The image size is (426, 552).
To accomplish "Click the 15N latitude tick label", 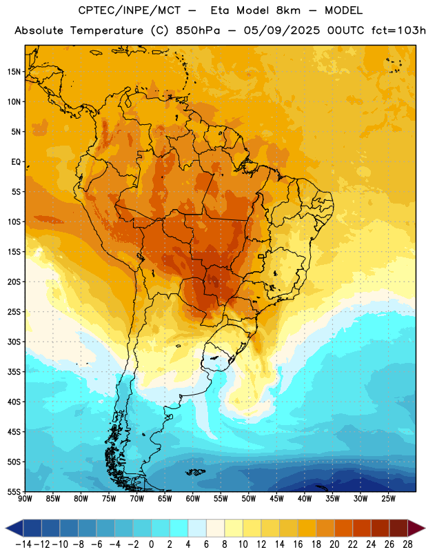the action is (14, 72).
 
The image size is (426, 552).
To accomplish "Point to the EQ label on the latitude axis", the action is (16, 162).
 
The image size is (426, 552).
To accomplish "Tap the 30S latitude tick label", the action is (14, 342).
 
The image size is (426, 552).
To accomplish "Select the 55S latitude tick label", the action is (14, 491).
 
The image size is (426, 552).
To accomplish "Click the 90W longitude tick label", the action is (25, 499).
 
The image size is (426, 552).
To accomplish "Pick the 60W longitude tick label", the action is (193, 499).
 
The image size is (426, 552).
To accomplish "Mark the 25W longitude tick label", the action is (388, 499).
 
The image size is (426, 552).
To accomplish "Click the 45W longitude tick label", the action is (276, 499).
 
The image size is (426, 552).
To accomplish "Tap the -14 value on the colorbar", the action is (23, 544).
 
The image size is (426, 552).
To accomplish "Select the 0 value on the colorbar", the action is (151, 544).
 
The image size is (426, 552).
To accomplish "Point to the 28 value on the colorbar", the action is (407, 544).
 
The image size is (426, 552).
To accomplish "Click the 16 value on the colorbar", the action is (298, 544).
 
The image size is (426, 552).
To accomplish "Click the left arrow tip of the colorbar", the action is (5, 529).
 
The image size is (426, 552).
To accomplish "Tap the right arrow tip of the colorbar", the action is (425, 529).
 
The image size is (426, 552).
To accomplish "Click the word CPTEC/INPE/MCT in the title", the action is (130, 10).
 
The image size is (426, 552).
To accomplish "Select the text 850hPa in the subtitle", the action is (198, 30).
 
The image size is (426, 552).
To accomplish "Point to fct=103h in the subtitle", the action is (398, 30).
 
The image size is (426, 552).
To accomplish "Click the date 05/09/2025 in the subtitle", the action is (282, 30).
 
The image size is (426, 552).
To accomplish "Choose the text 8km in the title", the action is (288, 10).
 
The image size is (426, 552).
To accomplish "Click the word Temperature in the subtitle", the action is (107, 30).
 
